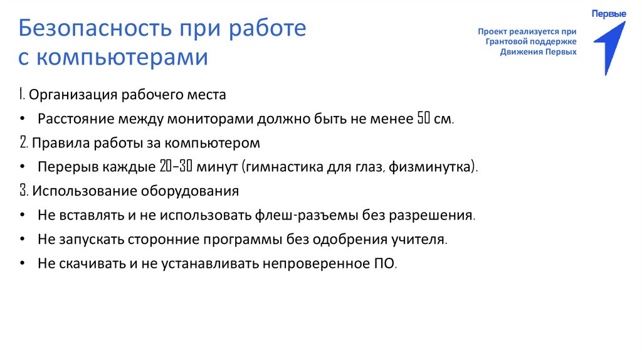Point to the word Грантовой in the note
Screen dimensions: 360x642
506,41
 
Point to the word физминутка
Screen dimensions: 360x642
432,167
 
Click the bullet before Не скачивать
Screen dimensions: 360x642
23,263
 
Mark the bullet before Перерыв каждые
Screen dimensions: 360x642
23,167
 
